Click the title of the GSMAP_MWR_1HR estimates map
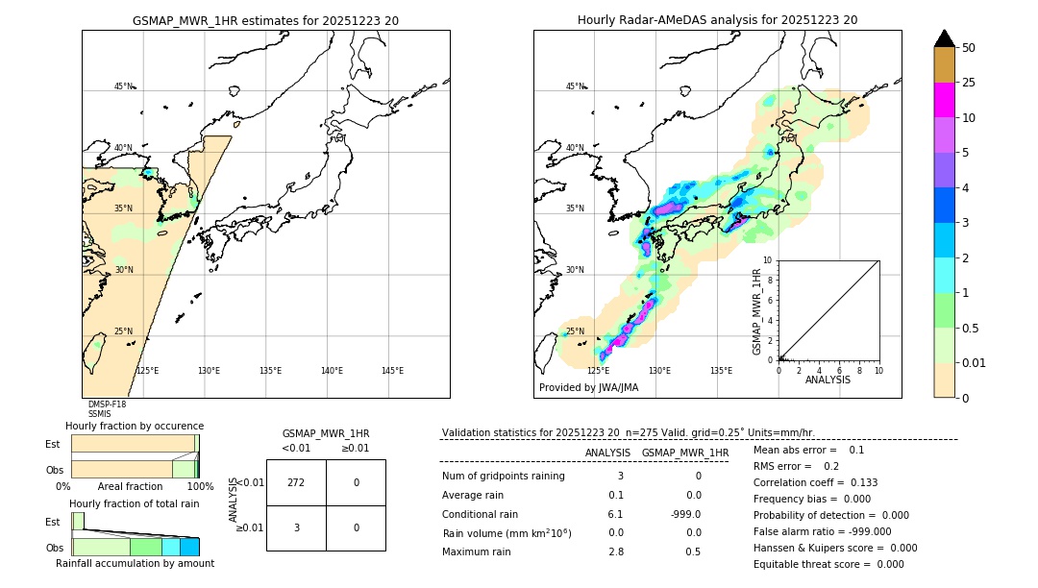coord(265,20)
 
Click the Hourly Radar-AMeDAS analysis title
coord(717,20)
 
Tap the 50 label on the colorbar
coord(969,48)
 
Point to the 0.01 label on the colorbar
coord(975,362)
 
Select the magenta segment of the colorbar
coord(944,101)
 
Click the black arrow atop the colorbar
coord(944,38)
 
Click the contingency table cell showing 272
coord(296,482)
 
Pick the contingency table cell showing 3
coord(296,527)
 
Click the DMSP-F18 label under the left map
coord(107,404)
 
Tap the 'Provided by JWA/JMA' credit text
coord(588,387)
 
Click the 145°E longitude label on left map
coord(392,371)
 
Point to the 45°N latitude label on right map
coord(575,86)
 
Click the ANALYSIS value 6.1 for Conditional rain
coord(615,514)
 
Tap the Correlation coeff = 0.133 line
coord(815,482)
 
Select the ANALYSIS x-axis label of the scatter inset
coord(828,380)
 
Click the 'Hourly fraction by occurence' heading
coord(135,426)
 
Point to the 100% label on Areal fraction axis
coord(199,487)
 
